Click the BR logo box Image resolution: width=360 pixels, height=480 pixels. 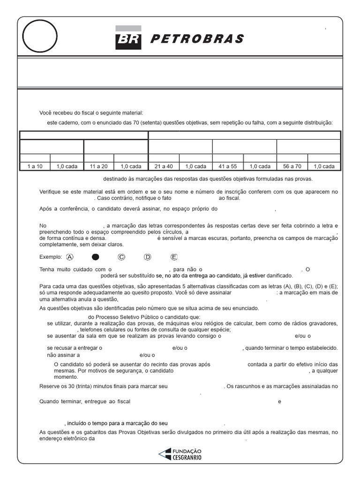click(x=128, y=38)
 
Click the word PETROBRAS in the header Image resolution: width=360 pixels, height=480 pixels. click(x=197, y=39)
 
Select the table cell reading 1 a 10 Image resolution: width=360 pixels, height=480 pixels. click(x=35, y=166)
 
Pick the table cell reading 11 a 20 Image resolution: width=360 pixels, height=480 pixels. click(x=98, y=166)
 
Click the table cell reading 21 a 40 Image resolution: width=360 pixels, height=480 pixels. click(x=164, y=166)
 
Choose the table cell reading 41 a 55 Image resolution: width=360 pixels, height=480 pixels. click(x=228, y=166)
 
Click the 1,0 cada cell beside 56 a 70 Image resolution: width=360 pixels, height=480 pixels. click(x=324, y=166)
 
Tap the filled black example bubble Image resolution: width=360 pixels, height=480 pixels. click(x=96, y=257)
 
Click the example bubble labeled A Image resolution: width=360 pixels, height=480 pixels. click(x=70, y=257)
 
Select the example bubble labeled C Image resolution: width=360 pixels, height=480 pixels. click(x=121, y=257)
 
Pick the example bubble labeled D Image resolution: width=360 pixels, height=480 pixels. click(x=148, y=257)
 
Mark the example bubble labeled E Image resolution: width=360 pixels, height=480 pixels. click(x=174, y=257)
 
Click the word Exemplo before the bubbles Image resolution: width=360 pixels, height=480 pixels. click(x=51, y=257)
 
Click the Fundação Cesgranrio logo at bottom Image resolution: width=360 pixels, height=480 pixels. click(x=180, y=454)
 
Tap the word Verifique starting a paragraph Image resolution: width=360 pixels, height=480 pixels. click(x=51, y=192)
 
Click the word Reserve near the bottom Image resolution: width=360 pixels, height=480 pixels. click(x=50, y=386)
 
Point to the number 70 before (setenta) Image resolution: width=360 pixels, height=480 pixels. click(x=118, y=123)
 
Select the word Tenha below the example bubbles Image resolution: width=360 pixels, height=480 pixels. click(x=47, y=270)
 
